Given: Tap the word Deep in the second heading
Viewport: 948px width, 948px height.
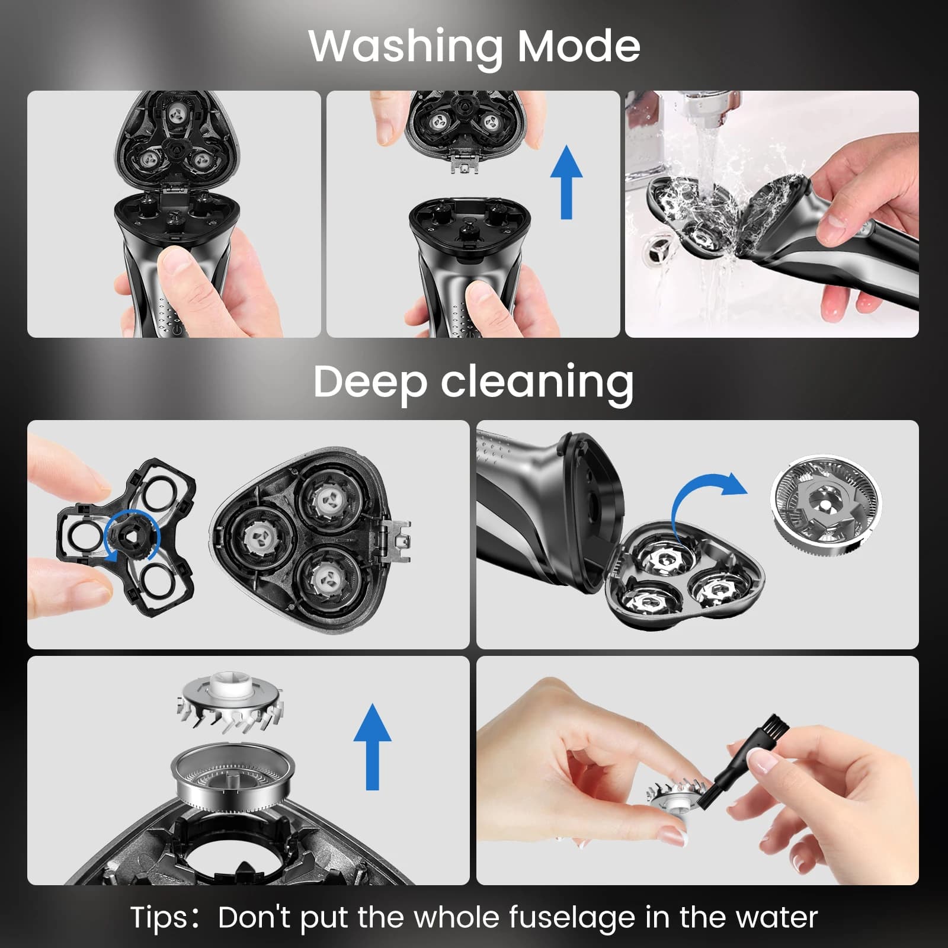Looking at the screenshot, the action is click(x=370, y=383).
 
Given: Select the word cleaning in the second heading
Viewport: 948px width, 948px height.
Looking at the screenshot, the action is click(x=537, y=382).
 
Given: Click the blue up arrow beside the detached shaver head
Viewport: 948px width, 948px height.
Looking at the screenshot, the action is click(x=566, y=182).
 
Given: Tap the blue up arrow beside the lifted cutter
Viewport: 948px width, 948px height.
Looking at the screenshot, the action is click(x=372, y=747).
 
